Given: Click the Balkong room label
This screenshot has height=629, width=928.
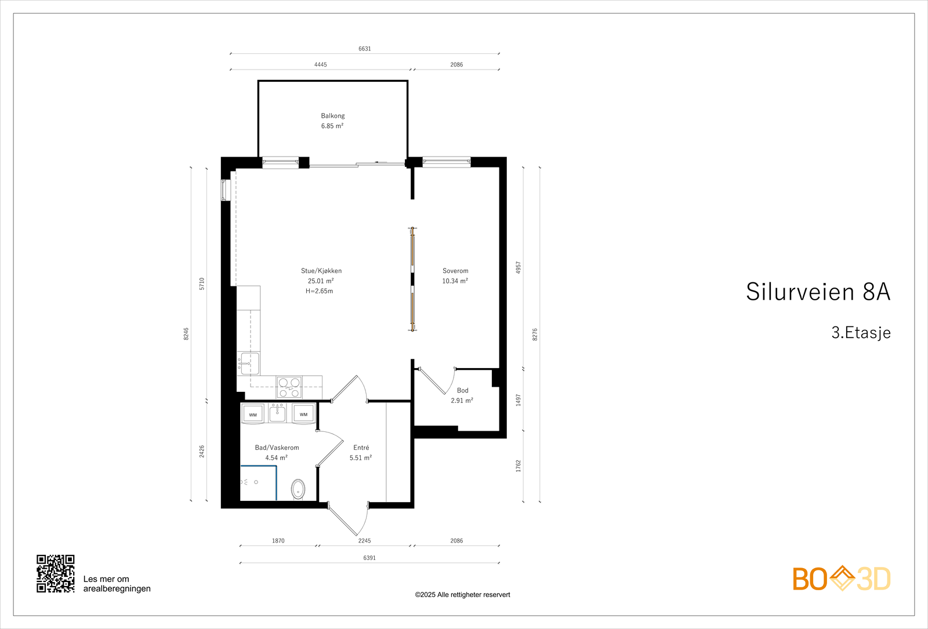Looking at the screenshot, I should (x=333, y=116).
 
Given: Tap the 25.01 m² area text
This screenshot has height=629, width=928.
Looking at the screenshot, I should (x=321, y=281).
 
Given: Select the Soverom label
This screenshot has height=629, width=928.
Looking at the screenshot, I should (x=455, y=271).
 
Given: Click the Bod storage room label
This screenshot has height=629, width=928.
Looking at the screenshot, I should (x=462, y=391).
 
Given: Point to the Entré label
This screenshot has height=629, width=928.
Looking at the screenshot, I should (x=361, y=448).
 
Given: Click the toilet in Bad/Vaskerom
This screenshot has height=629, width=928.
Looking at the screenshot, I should (x=298, y=489).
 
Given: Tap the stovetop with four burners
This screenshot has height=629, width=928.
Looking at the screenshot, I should (x=289, y=387).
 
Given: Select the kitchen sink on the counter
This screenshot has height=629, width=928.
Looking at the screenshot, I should (x=249, y=363).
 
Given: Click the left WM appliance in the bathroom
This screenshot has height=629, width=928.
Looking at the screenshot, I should (x=253, y=414).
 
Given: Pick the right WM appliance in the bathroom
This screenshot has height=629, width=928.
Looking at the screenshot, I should (x=303, y=414).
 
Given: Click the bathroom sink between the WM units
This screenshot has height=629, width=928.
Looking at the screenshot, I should (x=278, y=413).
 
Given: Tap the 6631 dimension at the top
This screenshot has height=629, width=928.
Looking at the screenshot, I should (x=365, y=49).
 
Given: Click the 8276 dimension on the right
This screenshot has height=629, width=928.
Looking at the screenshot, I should (x=535, y=335).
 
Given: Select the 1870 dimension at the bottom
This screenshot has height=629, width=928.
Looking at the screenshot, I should (x=278, y=541).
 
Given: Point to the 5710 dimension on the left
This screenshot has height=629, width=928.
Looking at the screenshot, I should (x=202, y=283).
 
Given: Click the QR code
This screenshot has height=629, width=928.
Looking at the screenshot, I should (x=56, y=573).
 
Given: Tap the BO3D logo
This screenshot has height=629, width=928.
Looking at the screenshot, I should (x=842, y=579).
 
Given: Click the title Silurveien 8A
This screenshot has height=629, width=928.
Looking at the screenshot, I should (x=818, y=292).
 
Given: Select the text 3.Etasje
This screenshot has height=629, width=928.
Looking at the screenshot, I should (x=861, y=333).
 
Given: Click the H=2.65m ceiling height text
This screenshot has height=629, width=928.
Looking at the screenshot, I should (x=320, y=291).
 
